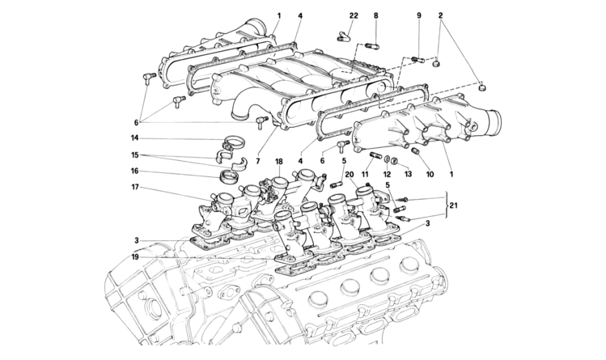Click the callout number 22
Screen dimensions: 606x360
pos(354,16)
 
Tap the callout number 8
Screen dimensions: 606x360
pos(375,16)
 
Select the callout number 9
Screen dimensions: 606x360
pos(419,16)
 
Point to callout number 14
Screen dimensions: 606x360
pos(134,138)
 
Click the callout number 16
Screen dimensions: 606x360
pos(134,172)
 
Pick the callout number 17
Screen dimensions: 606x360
pos(134,188)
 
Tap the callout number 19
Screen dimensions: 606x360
pos(134,257)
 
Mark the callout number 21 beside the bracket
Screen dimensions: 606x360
pos(454,205)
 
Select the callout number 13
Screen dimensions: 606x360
pos(408,175)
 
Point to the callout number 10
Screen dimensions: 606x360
pos(430,175)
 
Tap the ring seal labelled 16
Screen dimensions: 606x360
pos(227,178)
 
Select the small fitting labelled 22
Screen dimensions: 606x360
pos(343,36)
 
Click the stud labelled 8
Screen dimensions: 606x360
pos(372,46)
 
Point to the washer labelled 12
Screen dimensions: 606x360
pos(388,159)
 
